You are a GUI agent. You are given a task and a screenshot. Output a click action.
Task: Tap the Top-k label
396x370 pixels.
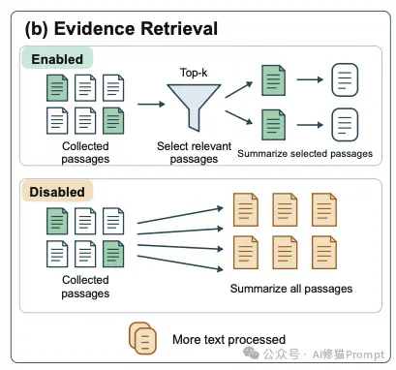click(x=194, y=73)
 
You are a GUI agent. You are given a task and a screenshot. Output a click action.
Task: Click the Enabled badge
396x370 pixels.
click(x=57, y=59)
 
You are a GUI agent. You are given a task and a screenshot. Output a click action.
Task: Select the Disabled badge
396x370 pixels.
click(x=57, y=192)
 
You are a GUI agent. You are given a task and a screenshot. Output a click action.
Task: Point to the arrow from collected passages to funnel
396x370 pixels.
click(x=151, y=104)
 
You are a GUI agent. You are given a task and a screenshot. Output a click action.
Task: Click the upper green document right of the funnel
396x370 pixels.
click(x=273, y=80)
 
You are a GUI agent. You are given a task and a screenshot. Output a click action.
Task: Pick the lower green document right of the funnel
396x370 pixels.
click(x=273, y=125)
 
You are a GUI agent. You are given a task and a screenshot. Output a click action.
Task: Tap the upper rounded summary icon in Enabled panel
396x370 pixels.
click(x=345, y=79)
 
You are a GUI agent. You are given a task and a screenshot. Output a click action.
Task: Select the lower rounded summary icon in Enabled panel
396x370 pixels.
click(x=345, y=125)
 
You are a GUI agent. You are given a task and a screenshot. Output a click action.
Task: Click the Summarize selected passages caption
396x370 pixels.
click(x=305, y=154)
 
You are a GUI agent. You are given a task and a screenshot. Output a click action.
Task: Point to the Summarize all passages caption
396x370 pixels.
click(x=291, y=289)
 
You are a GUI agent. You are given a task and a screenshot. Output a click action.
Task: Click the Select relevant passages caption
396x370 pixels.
click(x=194, y=152)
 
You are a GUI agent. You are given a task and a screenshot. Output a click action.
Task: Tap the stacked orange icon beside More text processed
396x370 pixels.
click(x=142, y=338)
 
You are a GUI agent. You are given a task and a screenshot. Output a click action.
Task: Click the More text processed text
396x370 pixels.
click(x=229, y=340)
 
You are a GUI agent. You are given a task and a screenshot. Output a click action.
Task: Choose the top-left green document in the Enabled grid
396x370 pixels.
click(x=57, y=88)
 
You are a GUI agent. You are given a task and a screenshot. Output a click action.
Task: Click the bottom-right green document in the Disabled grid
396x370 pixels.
click(x=113, y=254)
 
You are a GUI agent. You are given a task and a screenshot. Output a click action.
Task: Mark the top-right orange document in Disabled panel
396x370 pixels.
click(x=324, y=210)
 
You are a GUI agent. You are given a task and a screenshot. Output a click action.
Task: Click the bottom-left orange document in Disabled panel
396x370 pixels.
click(x=246, y=253)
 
